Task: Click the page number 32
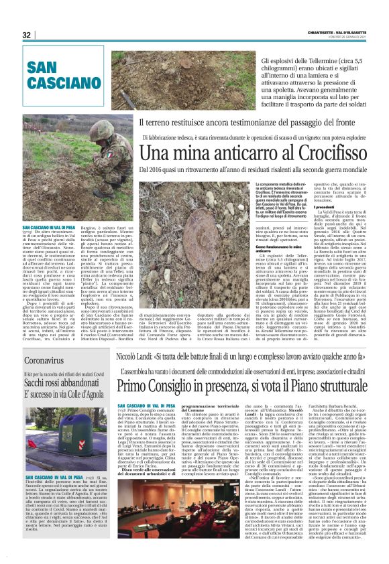tap(27, 35)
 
